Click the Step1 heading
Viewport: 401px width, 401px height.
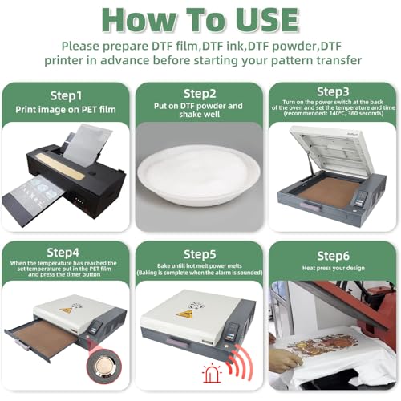coord(67,94)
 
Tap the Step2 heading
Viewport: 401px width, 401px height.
coord(200,94)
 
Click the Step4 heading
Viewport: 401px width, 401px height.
coord(67,253)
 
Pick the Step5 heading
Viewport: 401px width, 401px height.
coord(200,253)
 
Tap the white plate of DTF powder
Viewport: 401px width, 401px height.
coord(200,174)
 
